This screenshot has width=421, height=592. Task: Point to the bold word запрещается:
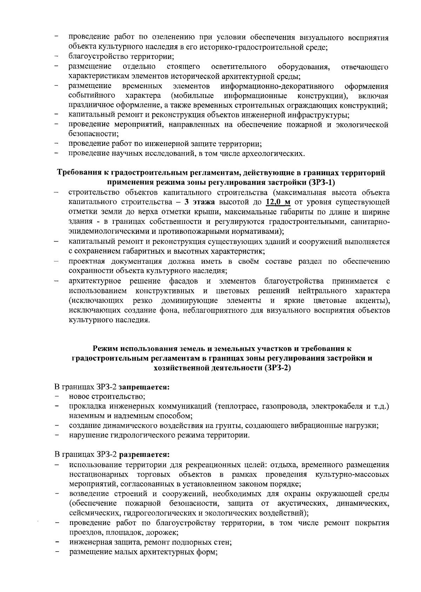pos(145,387)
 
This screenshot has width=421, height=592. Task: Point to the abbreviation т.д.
pos(378,407)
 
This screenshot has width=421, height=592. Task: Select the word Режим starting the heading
pos(105,348)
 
